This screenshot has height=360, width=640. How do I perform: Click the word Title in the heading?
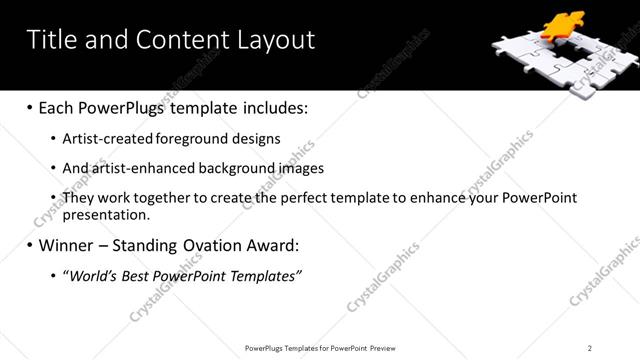(x=50, y=40)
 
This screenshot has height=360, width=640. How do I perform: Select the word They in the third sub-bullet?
(x=78, y=198)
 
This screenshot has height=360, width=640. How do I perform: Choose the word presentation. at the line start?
(x=106, y=214)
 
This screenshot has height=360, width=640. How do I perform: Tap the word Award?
(x=272, y=245)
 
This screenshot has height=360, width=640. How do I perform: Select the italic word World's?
(x=93, y=276)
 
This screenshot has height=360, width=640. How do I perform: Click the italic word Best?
(x=137, y=276)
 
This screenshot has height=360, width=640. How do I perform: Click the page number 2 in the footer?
(x=590, y=348)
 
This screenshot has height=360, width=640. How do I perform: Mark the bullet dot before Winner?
(x=29, y=246)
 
